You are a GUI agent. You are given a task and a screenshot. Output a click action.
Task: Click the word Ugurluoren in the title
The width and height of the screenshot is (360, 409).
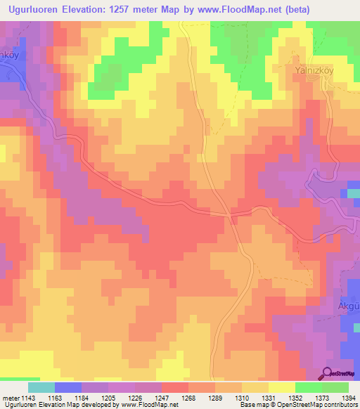(x=43, y=8)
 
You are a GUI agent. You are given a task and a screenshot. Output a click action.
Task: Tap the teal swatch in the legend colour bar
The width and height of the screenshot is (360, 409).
(x=41, y=387)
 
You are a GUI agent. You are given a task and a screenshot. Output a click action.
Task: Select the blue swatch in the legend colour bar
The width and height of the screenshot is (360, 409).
(x=67, y=387)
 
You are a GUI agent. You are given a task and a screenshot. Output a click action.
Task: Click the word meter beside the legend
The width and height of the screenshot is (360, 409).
(x=8, y=398)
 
